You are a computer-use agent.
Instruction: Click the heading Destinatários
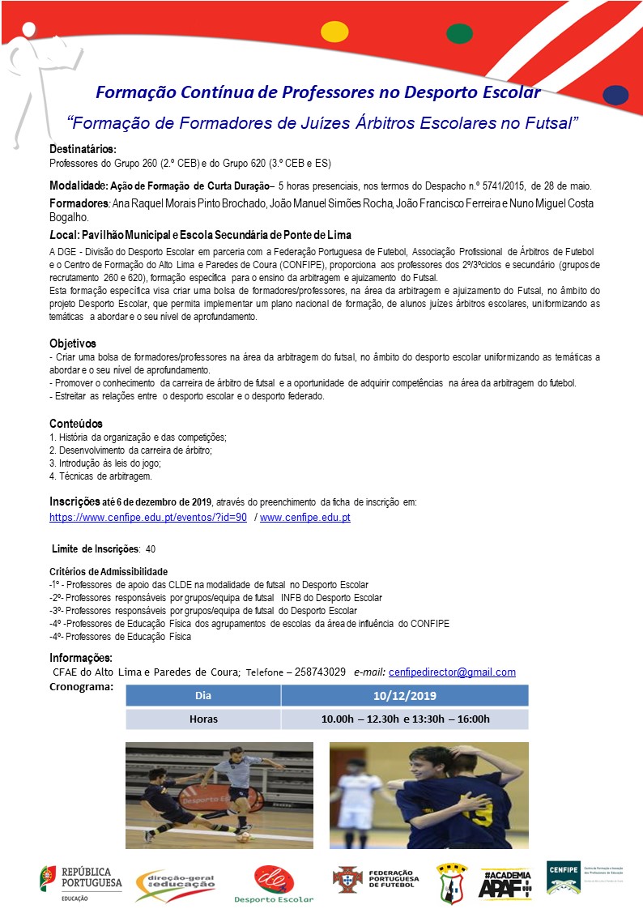pos(83,149)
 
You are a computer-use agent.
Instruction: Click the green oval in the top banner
pos(460,33)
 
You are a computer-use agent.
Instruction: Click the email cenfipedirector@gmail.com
pos(452,672)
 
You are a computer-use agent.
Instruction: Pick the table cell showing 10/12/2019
pos(404,695)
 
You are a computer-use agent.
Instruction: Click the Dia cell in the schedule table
pos(203,695)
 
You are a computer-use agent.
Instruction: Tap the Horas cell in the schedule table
pos(203,719)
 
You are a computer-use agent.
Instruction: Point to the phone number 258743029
pos(320,672)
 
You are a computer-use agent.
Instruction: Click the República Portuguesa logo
pos(81,882)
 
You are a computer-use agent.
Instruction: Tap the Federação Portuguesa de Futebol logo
pos(376,879)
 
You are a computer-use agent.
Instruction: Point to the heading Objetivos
pos(73,344)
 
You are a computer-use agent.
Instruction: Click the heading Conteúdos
pos(76,423)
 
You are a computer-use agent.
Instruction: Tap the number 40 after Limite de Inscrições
pos(151,549)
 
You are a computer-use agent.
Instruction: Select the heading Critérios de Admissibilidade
pos(109,572)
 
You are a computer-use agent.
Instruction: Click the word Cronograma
pos(81,686)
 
